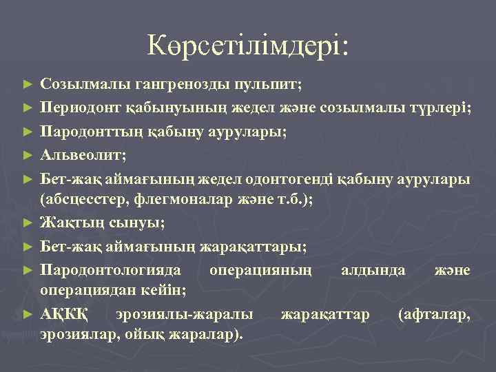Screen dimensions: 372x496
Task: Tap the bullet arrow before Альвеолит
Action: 28,154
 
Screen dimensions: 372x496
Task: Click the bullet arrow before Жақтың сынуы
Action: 28,223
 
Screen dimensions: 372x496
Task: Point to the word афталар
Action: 435,314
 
